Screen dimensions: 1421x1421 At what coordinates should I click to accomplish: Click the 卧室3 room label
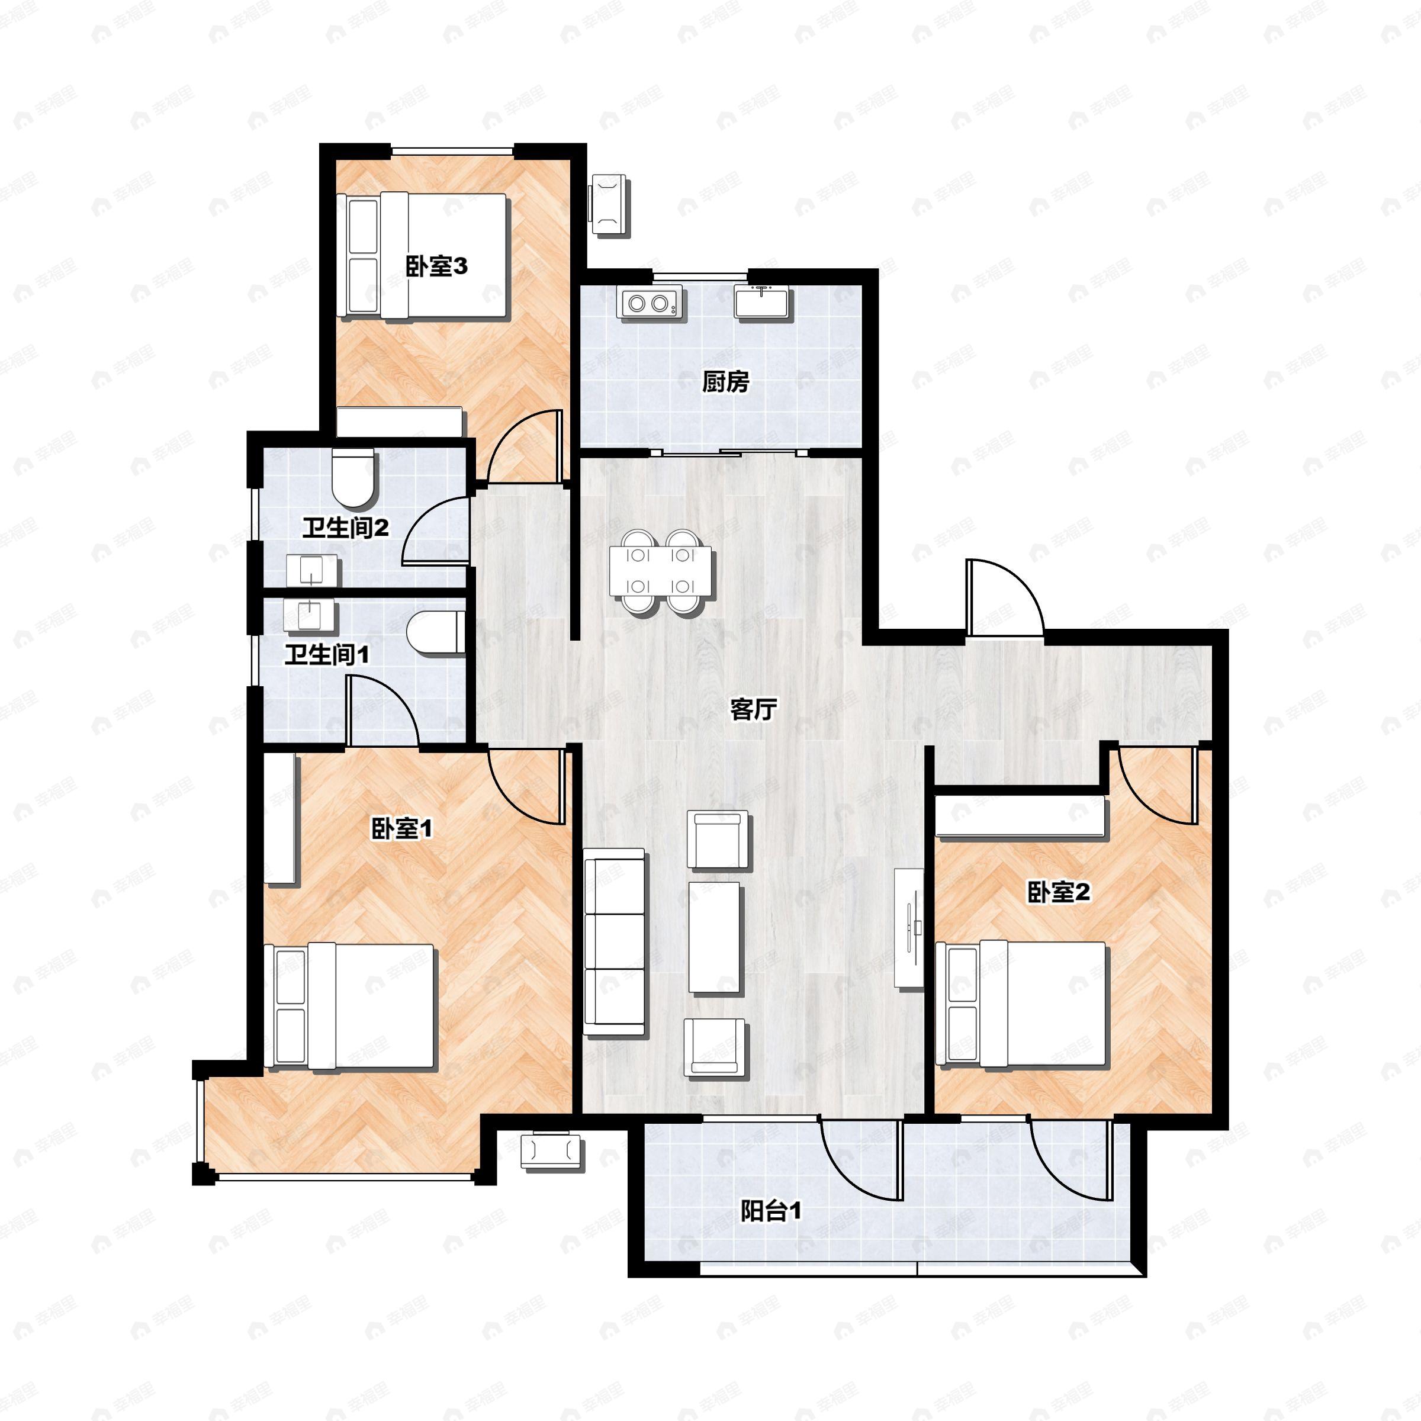click(436, 266)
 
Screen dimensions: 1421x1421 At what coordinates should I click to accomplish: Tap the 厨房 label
click(725, 382)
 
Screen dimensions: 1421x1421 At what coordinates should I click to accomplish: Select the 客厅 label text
click(753, 710)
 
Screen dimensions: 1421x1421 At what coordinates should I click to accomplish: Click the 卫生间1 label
click(327, 654)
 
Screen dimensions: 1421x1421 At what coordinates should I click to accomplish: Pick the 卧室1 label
click(401, 829)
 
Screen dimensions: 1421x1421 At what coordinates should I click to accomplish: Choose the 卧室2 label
click(1059, 892)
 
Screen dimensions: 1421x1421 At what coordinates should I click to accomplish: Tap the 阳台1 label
click(771, 1211)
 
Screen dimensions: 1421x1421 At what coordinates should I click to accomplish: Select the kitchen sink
click(763, 303)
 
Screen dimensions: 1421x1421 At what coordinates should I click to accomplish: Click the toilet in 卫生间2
click(354, 478)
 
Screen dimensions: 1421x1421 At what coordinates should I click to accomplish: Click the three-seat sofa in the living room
click(615, 942)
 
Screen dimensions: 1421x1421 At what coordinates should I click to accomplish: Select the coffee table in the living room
click(714, 938)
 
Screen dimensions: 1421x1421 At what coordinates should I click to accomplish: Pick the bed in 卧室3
click(424, 255)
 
